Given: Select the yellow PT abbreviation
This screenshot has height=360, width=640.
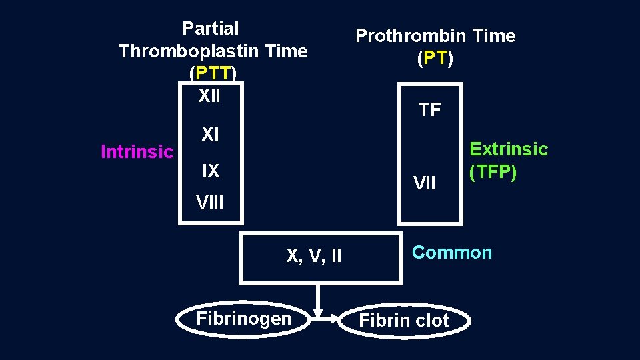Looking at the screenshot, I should click(435, 59).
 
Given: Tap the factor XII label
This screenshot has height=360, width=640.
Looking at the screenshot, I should click(209, 96).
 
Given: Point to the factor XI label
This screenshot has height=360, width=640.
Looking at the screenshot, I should click(210, 135).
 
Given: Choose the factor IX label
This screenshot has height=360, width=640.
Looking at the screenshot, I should click(210, 171).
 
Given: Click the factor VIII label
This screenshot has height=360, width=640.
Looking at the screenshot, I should click(210, 201).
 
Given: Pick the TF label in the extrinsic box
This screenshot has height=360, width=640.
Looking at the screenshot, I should click(430, 110).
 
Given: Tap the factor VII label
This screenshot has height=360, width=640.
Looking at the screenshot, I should click(425, 182).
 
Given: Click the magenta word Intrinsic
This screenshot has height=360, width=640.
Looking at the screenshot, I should click(137, 152).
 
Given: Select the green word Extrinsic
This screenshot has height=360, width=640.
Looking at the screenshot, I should click(509, 149).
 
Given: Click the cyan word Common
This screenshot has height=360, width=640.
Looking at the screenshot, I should click(452, 252).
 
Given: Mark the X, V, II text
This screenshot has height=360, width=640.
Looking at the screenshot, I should click(314, 255).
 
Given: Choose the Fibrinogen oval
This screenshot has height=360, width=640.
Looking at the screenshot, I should click(244, 319).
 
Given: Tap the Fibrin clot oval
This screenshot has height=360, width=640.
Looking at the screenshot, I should click(404, 321).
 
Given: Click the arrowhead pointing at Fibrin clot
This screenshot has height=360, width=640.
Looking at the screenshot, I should click(319, 313).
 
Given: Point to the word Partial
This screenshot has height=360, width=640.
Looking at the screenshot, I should click(210, 28).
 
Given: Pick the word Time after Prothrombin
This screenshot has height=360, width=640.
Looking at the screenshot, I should click(493, 35).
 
